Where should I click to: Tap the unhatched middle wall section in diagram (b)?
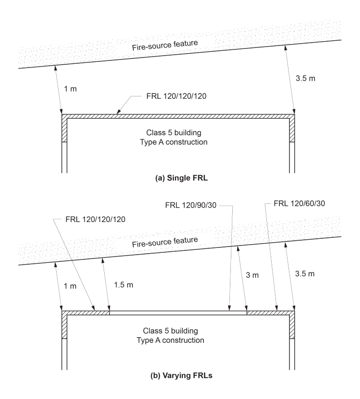pos(178,312)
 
